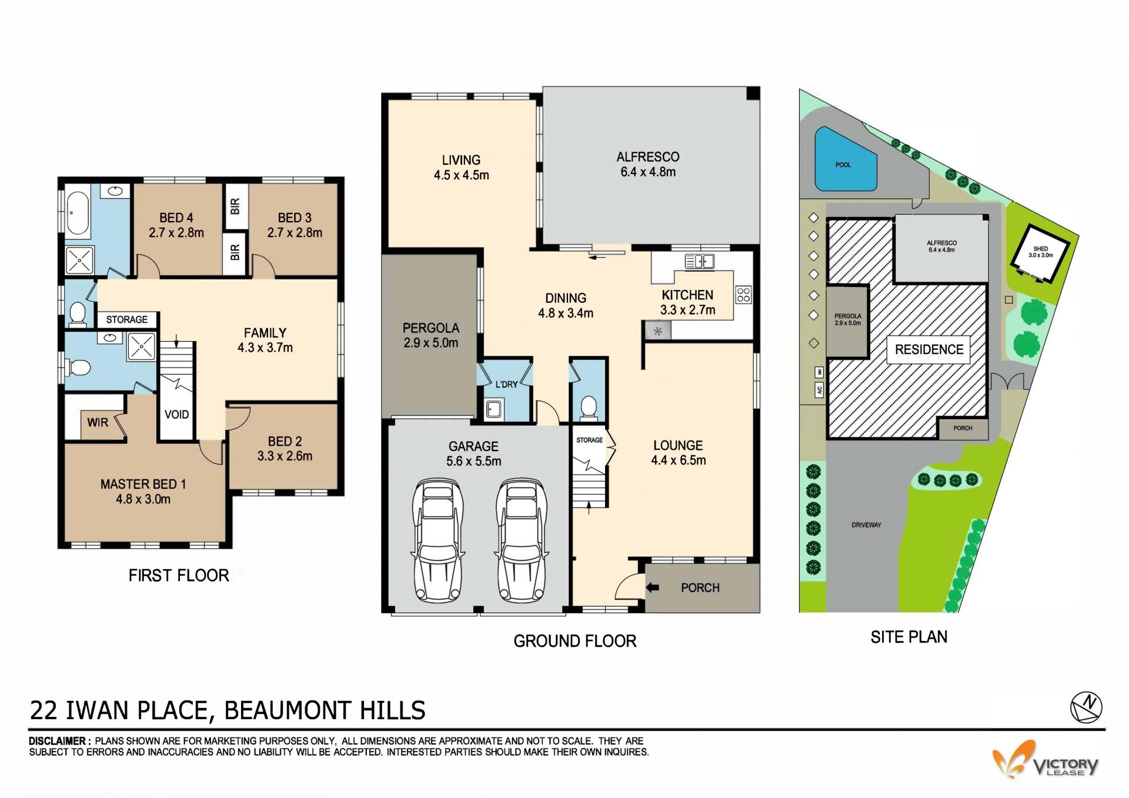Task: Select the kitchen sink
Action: coord(700,261)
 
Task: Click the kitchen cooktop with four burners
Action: coord(743,295)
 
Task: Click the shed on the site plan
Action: coord(1040,253)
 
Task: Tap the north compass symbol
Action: coord(1086,707)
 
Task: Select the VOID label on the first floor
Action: coord(176,415)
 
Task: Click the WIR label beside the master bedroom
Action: coord(98,422)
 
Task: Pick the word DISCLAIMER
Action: coord(59,741)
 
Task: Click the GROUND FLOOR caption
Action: coord(575,641)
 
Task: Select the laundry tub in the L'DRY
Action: coord(494,408)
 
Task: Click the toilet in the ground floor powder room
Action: coord(589,408)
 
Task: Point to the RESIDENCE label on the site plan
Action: coord(929,349)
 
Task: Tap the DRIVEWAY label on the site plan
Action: coord(866,525)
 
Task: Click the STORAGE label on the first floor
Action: coord(127,319)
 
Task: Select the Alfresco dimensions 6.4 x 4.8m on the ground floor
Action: coord(648,172)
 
